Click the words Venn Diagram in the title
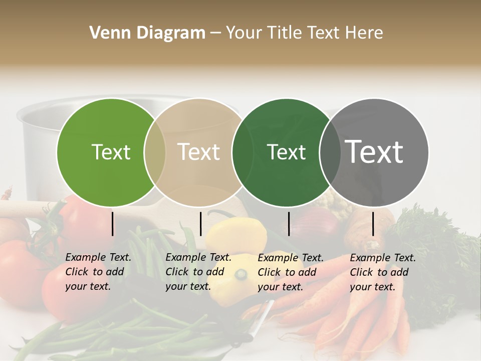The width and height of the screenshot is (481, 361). pos(147,33)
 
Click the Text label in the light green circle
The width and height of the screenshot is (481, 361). pos(111,152)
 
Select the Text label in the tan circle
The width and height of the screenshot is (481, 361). pos(198,152)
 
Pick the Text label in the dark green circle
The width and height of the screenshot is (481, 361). pos(286,152)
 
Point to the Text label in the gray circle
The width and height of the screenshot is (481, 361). pos(374,152)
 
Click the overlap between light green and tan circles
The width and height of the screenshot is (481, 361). pos(155,152)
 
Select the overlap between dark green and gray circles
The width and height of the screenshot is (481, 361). pos(328,152)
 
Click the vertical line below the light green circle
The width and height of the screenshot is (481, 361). pos(112,224)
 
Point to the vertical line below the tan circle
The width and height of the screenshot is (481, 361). pos(200,224)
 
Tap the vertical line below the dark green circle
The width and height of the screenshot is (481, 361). pos(289,224)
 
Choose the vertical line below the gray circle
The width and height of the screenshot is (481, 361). pos(373,224)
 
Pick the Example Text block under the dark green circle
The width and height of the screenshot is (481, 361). pos(291,272)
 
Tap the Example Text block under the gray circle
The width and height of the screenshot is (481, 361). pos(383,272)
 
